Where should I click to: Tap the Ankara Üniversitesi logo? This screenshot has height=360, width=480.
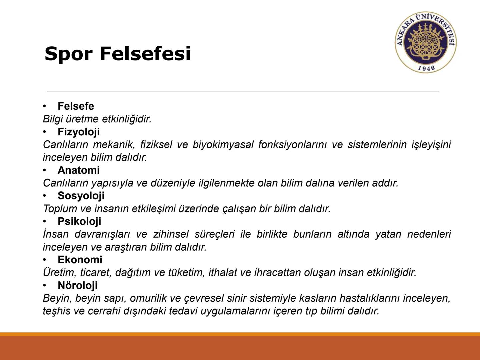pos(426,43)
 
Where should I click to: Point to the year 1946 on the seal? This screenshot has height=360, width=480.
pos(426,68)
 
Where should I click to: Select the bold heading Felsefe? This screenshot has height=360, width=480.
pos(76,106)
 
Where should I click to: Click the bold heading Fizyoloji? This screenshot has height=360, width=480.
pos(79,132)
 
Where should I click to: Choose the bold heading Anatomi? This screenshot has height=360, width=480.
pos(79,170)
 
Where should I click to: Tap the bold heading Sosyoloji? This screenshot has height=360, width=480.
pos(81,196)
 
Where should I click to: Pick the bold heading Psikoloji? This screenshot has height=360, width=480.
pos(79,221)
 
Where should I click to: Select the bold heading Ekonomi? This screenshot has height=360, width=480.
pos(80,260)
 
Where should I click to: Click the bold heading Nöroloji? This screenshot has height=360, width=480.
pos(78,285)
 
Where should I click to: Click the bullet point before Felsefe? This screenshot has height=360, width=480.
pos(44,106)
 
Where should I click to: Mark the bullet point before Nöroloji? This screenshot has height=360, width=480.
pos(44,285)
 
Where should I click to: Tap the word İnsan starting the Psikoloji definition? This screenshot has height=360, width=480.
pos(55,234)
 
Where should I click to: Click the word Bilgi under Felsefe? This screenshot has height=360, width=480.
pos(53,119)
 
